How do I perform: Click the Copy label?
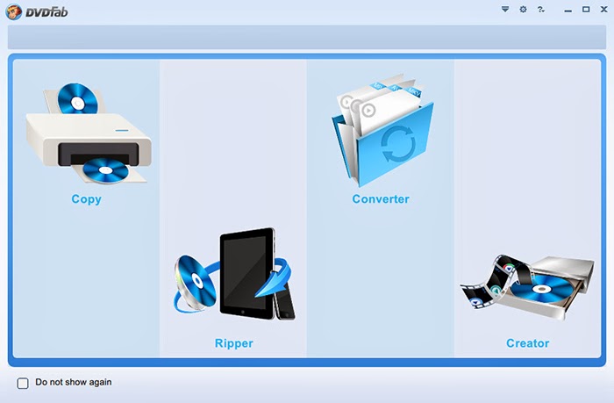pos(86,199)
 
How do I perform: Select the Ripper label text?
pos(234,343)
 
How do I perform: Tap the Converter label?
pos(381,199)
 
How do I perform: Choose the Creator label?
pos(527,343)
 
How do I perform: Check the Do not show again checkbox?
pos(23,383)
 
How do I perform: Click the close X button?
pos(603,10)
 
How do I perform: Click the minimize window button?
pos(568,11)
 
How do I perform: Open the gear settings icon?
pos(523,10)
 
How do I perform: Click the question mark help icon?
pos(541,10)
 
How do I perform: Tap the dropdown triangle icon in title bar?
pos(505,9)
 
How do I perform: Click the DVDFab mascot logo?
pos(13,11)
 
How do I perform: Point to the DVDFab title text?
pos(46,12)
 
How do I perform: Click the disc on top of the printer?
pos(77,99)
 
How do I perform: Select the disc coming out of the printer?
pos(105,171)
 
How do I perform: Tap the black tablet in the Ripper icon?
pos(246,273)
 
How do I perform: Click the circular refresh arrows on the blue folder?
pos(398,144)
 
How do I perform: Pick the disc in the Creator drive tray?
pos(541,289)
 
